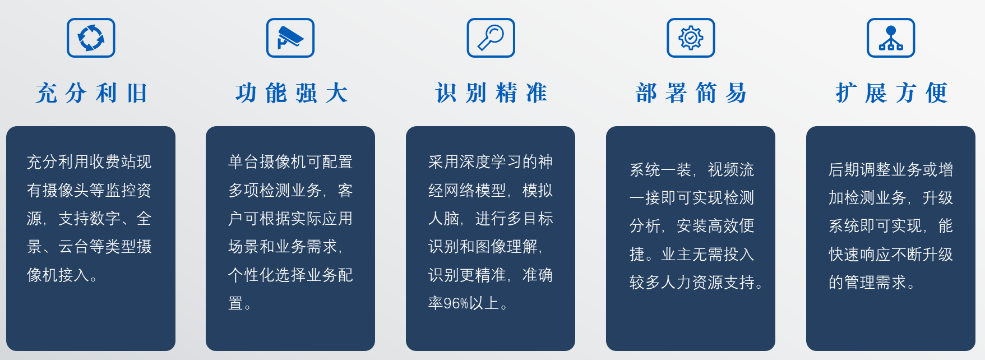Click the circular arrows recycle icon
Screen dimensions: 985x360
[91, 38]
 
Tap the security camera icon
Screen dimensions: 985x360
[290, 38]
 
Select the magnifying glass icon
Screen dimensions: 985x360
[491, 38]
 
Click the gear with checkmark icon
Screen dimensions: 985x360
[691, 38]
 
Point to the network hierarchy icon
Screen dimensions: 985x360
[891, 38]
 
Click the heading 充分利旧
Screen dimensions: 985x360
[91, 93]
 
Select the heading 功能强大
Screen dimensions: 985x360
[292, 93]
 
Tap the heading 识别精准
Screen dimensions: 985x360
[492, 93]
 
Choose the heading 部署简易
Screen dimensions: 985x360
[691, 93]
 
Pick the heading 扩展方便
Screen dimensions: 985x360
[891, 93]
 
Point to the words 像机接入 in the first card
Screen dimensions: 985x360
[58, 275]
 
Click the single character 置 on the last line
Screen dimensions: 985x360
[235, 303]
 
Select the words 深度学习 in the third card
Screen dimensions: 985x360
[491, 162]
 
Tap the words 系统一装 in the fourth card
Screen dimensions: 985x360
[660, 169]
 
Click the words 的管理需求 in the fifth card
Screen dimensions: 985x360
[868, 282]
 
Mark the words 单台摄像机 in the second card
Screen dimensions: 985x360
[267, 162]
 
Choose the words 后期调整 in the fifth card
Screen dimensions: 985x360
[859, 169]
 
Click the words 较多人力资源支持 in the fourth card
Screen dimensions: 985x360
[692, 282]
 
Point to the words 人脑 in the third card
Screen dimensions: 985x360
[443, 218]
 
